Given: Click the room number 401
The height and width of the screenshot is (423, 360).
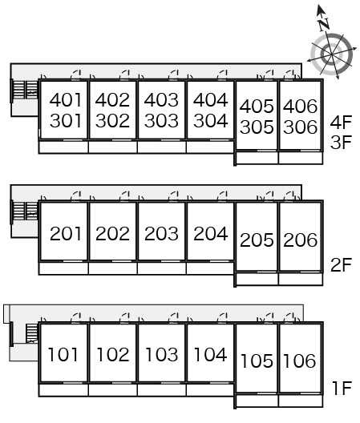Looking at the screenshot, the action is tap(66, 100).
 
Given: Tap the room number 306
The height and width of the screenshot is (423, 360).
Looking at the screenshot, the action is tap(300, 127).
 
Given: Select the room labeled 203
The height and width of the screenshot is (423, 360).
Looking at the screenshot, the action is tap(161, 234).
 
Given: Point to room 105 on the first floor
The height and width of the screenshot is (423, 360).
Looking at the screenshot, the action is tap(257, 361).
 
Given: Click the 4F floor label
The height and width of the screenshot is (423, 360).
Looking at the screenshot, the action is tap(341, 122).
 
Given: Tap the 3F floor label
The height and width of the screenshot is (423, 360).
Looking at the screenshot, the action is tap(341, 143).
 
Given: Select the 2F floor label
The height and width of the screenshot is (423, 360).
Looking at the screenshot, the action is tap(341, 265).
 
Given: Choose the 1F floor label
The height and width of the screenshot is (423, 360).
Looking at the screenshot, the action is tap(342, 389).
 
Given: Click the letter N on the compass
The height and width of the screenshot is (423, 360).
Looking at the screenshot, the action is tap(324, 24).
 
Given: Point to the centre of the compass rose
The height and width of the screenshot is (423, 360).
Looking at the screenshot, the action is tap(332, 54).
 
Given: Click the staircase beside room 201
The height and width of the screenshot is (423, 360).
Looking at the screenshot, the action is tap(25, 211).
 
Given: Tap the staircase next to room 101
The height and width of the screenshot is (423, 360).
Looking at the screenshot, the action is tap(32, 333).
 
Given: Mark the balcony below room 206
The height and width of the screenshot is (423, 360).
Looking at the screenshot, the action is tap(301, 280).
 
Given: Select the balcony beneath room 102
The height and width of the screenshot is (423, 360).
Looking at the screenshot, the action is tap(112, 390).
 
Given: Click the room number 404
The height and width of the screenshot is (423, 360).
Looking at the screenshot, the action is tap(210, 100).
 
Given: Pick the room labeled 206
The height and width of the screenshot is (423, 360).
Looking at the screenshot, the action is tap(300, 240).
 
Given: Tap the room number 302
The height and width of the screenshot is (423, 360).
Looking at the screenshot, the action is tap(112, 121).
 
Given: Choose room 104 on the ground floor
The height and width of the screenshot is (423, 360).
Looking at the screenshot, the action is tap(210, 354).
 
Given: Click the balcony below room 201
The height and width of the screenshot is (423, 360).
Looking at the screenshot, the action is tap(63, 268).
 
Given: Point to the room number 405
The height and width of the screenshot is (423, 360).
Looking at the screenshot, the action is tap(257, 107).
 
